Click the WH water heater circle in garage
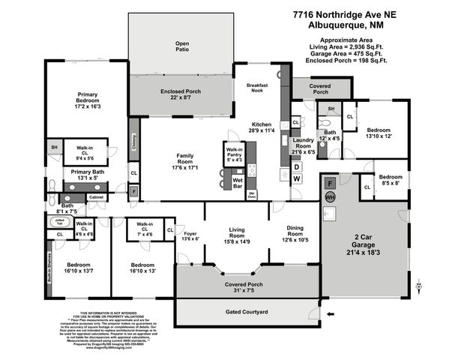pos(330,196)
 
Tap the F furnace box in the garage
pos(330,181)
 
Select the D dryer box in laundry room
pos(297,166)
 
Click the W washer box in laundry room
pos(297,178)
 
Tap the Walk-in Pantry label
pos(235,154)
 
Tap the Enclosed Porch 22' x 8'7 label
pos(181,94)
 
